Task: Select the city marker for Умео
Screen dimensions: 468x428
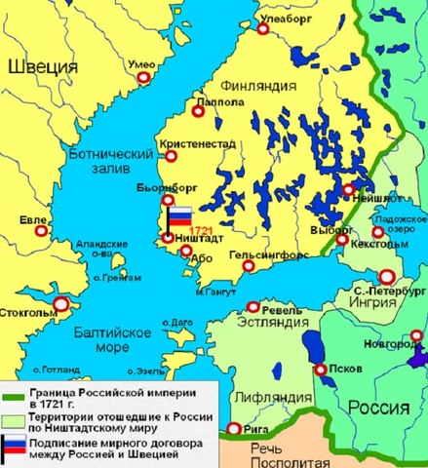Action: pos(146,78)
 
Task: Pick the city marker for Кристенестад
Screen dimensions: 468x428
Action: pos(172,155)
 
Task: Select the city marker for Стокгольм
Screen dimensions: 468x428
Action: pos(61,304)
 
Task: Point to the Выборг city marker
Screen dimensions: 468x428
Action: pos(342,239)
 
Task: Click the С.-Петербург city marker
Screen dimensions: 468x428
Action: pos(387,276)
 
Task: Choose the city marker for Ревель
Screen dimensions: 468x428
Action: pos(253,305)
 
